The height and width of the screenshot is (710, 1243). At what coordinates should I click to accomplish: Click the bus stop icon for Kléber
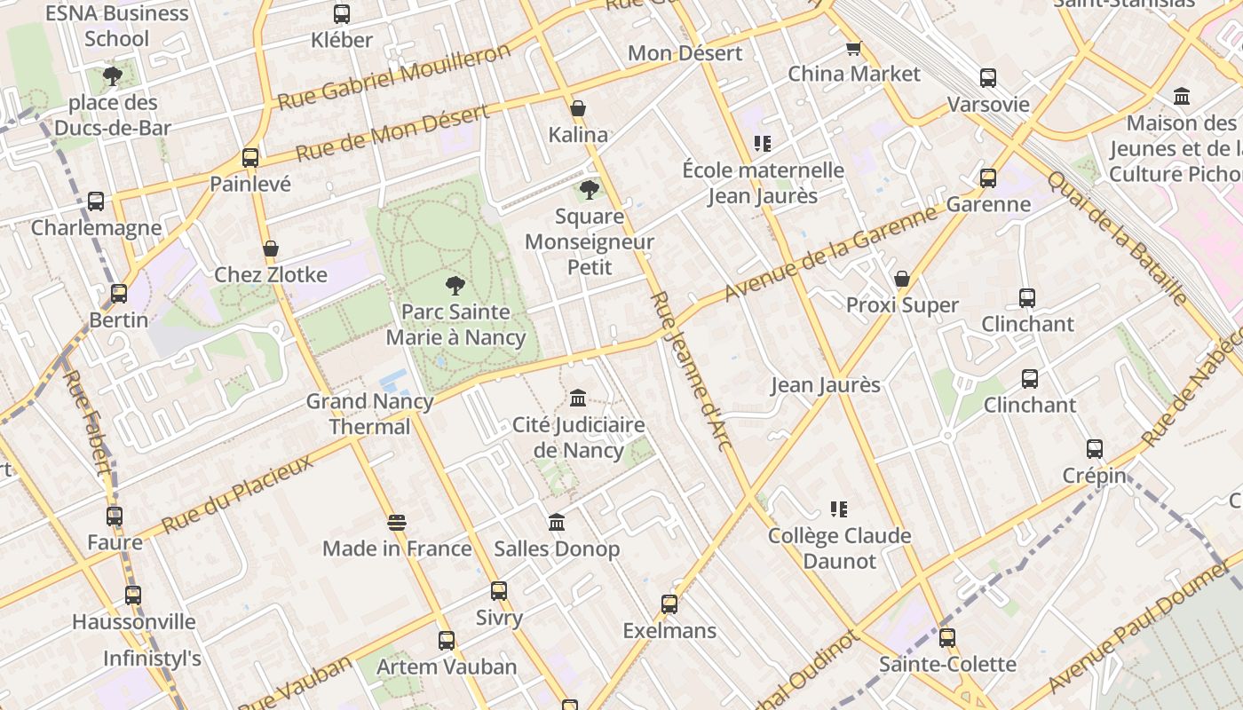[342, 14]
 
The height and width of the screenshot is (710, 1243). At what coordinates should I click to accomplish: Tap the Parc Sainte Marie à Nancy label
[455, 325]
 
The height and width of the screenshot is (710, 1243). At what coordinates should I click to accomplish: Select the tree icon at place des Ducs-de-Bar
[112, 76]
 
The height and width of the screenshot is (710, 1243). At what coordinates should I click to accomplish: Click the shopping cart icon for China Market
[853, 48]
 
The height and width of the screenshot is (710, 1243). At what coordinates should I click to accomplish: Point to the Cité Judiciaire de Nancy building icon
[578, 397]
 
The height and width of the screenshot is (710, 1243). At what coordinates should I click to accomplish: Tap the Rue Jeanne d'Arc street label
[691, 371]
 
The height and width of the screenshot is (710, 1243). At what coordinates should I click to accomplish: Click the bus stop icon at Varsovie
[988, 78]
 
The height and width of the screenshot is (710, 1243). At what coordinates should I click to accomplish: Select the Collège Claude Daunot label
[839, 548]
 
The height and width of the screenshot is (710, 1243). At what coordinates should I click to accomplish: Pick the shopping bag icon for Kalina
[578, 108]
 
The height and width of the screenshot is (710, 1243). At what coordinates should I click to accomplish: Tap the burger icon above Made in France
[397, 523]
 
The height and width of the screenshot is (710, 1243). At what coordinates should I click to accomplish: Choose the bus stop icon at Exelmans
[669, 604]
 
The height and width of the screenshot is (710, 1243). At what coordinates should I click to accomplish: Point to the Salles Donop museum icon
[557, 523]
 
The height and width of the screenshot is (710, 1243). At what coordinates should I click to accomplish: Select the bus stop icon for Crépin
[1095, 449]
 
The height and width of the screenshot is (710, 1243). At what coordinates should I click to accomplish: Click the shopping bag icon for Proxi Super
[902, 279]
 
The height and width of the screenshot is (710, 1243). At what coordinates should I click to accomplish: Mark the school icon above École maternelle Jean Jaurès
[763, 143]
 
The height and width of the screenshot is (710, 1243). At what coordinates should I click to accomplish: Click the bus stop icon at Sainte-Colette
[947, 637]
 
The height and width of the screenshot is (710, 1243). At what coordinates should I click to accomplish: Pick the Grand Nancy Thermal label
[369, 414]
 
